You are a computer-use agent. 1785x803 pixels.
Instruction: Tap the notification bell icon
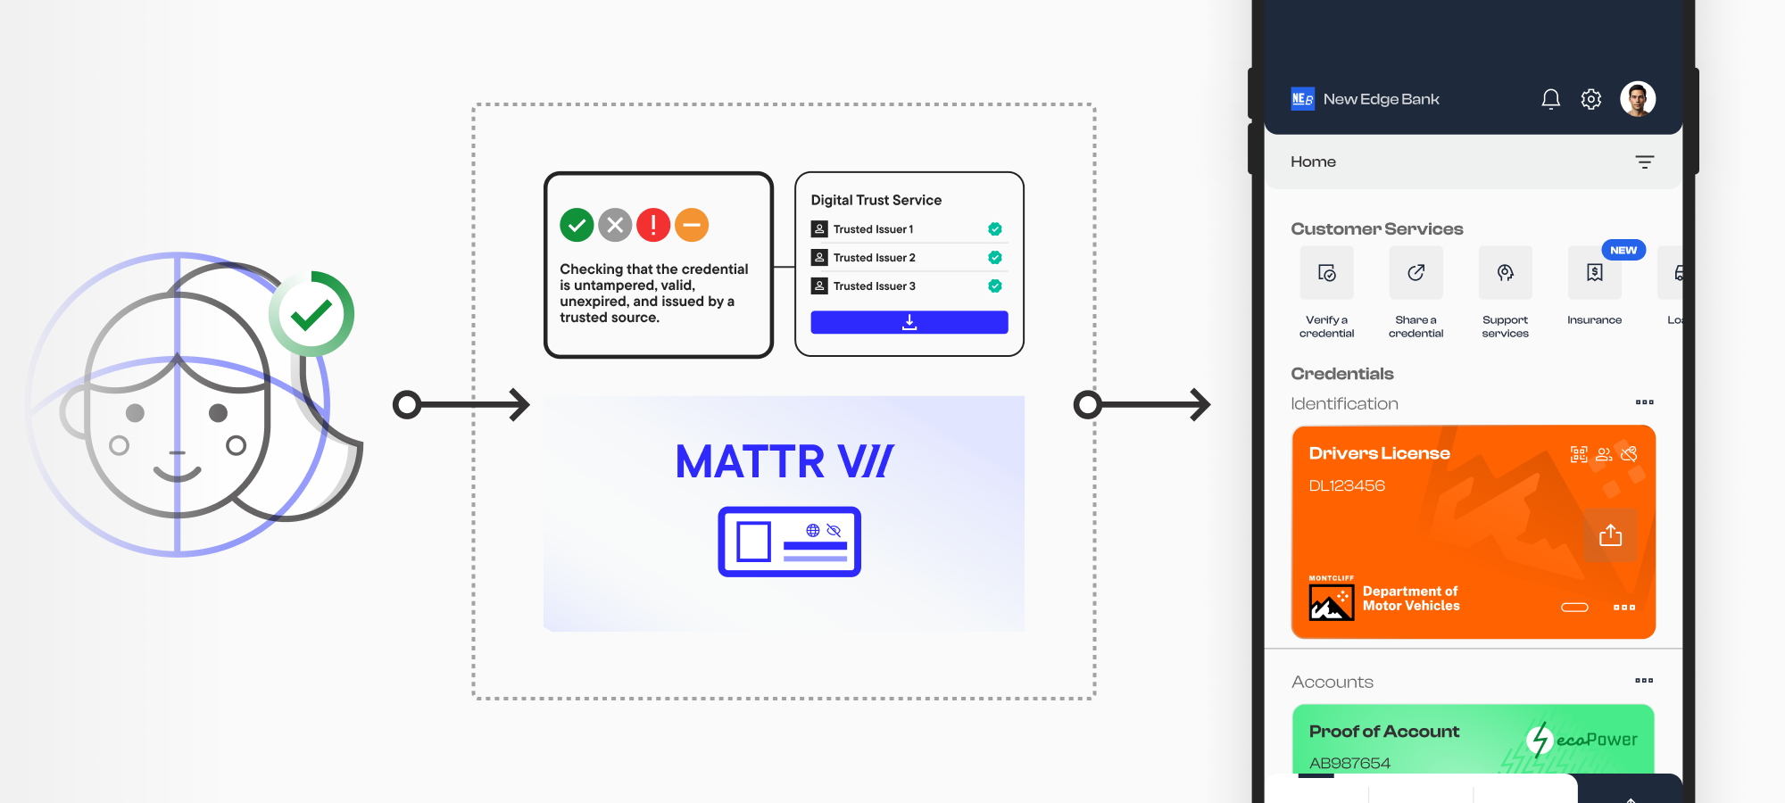coord(1551,99)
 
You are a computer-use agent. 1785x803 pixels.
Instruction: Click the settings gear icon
coord(1591,99)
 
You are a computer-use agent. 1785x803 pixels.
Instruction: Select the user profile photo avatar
coord(1638,99)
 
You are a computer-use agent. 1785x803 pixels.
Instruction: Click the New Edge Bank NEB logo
coord(1303,99)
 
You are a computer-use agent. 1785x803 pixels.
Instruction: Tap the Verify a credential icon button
coord(1327,273)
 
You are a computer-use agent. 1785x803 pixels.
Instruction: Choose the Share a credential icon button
coord(1416,273)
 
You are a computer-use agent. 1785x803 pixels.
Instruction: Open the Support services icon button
coord(1506,273)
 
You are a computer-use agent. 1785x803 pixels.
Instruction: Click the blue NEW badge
coord(1623,250)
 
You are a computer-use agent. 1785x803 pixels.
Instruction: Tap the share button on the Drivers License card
coord(1611,535)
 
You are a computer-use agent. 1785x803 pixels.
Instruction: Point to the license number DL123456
coord(1347,486)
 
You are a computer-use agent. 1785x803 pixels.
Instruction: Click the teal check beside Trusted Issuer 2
coord(995,258)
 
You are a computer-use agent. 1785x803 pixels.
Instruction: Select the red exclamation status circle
coord(653,225)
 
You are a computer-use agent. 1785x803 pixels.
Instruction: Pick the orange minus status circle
coord(692,225)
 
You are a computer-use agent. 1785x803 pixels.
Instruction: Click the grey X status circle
coord(615,225)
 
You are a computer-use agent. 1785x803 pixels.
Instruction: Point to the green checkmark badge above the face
coord(311,314)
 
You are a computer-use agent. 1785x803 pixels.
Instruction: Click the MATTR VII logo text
coord(785,462)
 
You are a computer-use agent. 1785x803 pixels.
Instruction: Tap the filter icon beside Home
coord(1645,162)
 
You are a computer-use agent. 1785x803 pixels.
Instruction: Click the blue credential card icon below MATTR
coord(789,542)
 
